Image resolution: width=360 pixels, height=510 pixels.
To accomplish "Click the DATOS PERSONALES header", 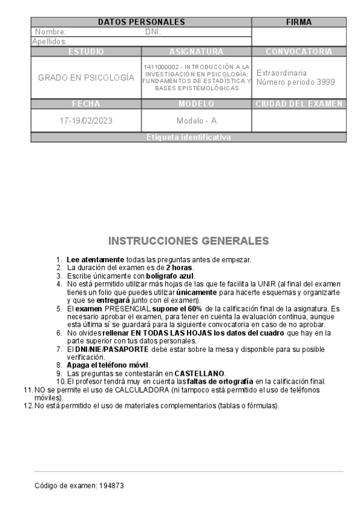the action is coord(141,22).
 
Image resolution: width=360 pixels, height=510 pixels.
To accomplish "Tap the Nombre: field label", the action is coord(50,32).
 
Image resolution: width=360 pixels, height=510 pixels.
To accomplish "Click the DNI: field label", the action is coord(153,32).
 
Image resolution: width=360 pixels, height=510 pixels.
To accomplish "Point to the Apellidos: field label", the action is coord(49,41).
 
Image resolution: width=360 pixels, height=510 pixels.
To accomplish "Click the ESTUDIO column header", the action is coord(86,52).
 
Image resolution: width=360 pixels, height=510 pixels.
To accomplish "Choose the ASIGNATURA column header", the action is coord(197,52).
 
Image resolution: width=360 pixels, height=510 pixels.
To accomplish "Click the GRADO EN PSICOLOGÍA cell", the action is coord(86,78).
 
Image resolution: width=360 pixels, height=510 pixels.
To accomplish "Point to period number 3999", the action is coord(325,82).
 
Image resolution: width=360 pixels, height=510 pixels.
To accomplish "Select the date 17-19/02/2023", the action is coord(86,120).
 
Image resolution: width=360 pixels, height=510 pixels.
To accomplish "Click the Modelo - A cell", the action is coord(197,120).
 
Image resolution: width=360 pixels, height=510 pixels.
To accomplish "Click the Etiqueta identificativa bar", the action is coord(188,138).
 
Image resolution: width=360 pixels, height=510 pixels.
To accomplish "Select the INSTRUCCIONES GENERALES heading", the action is coord(188,241).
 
